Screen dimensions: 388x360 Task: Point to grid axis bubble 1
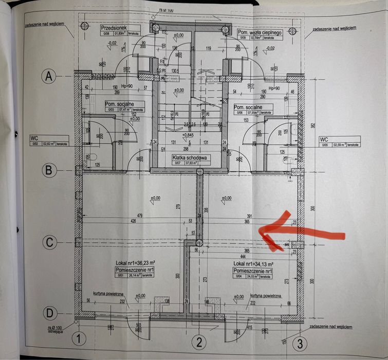click(78, 339)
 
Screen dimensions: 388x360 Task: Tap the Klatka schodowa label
click(190, 158)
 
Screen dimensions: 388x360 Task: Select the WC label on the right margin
click(324, 139)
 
